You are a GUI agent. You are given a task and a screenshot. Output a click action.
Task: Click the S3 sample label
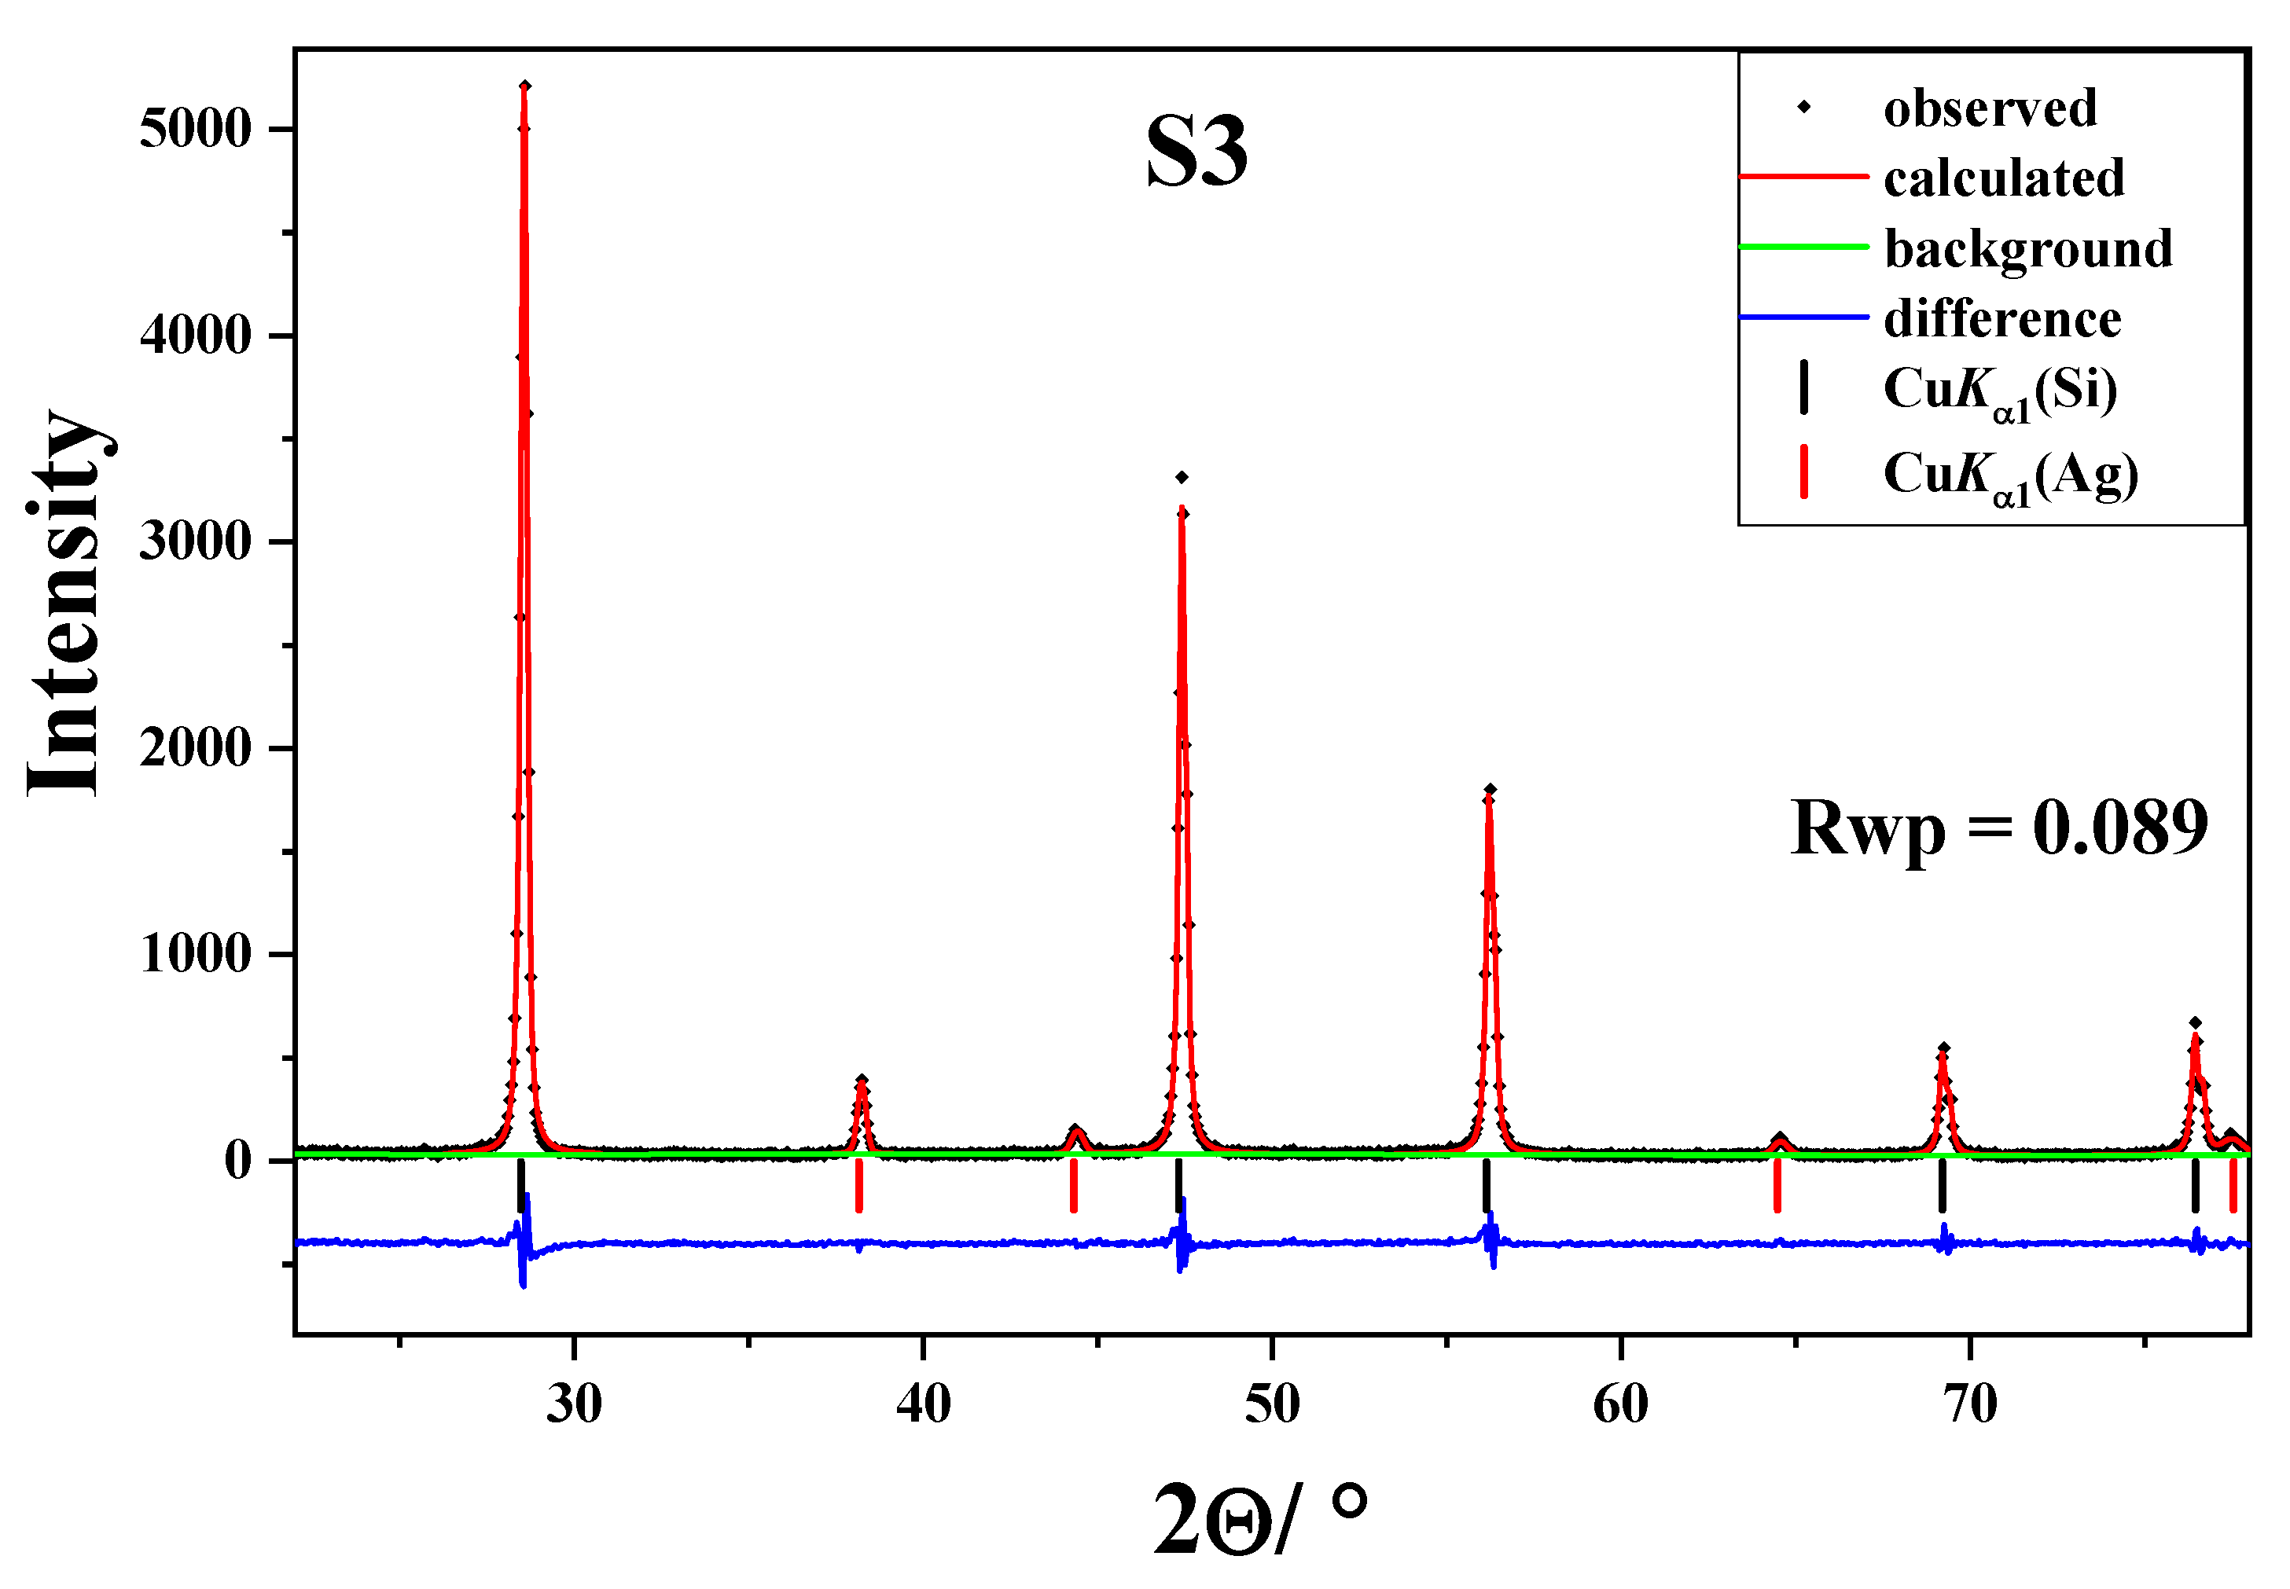pos(1196,152)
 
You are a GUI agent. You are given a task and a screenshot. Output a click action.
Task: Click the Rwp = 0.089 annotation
pos(1998,828)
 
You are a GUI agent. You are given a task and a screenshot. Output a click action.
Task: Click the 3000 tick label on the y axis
pos(195,541)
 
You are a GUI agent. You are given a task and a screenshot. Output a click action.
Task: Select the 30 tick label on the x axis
pos(575,1404)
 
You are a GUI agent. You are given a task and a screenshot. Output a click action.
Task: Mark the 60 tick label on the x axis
pos(1620,1404)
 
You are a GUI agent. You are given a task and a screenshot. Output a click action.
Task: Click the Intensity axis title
pos(64,602)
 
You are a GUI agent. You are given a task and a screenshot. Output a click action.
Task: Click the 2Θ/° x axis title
pos(1259,1518)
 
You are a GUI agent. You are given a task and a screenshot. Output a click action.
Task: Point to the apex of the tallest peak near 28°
pos(524,87)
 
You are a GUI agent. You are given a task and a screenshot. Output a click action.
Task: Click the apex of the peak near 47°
pos(1182,478)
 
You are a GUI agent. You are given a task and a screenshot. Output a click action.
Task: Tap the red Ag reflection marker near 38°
pos(858,1187)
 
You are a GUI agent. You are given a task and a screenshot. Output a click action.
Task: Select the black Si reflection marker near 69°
pos(1942,1187)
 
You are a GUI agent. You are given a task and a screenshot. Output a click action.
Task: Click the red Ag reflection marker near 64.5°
pos(1776,1187)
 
